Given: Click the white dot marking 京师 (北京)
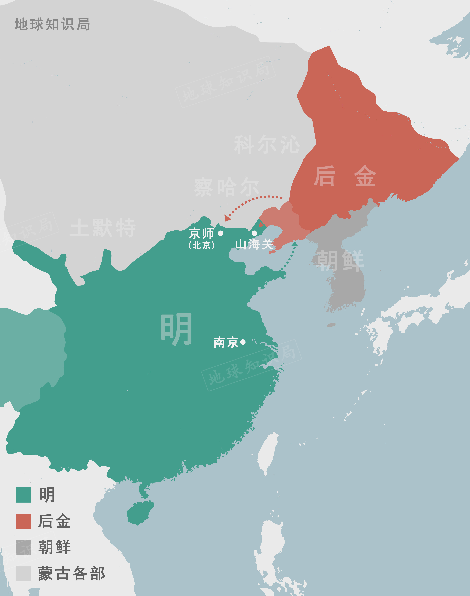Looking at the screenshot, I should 220,233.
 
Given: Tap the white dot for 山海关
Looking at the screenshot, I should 255,233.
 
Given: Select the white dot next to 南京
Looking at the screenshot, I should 243,342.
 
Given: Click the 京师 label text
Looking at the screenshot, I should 201,234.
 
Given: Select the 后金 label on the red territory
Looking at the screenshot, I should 345,176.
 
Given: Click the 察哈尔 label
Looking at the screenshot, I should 226,187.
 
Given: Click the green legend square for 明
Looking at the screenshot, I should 23,495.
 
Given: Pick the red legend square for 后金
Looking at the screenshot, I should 23,521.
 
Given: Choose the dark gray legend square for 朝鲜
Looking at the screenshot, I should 23,547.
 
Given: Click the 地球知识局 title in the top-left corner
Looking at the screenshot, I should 52,24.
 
